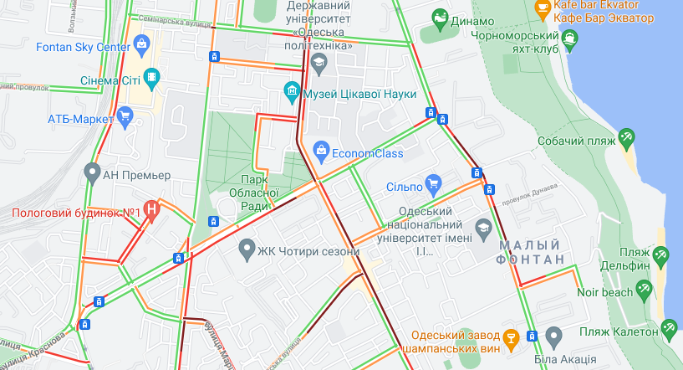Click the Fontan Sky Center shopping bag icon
click(140, 44)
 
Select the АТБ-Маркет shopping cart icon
click(125, 115)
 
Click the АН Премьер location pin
click(92, 173)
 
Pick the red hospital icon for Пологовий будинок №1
click(151, 210)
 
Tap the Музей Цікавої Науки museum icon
click(291, 91)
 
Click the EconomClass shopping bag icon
click(319, 151)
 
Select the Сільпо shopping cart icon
click(432, 182)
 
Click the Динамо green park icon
click(440, 17)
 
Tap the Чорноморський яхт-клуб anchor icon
click(570, 37)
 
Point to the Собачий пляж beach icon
click(626, 136)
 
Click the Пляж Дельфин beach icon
click(661, 254)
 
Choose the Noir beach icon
click(644, 290)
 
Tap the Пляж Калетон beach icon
click(669, 327)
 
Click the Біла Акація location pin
click(553, 337)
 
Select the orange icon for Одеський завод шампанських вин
click(511, 337)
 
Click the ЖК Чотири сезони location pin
click(247, 249)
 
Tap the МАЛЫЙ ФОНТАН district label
click(532, 252)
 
